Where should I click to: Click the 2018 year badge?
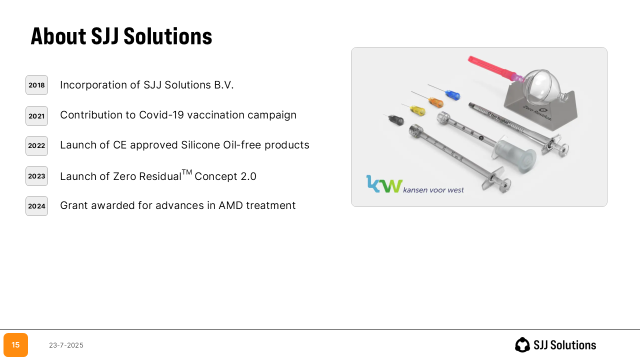pyautogui.click(x=36, y=85)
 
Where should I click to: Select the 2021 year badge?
pyautogui.click(x=36, y=116)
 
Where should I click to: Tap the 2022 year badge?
pyautogui.click(x=36, y=146)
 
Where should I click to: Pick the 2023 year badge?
pyautogui.click(x=36, y=176)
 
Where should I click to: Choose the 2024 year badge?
pyautogui.click(x=36, y=206)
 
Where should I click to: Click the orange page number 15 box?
pyautogui.click(x=15, y=345)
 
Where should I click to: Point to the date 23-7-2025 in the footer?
pyautogui.click(x=66, y=345)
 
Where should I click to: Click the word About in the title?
pyautogui.click(x=58, y=36)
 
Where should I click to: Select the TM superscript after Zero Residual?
pyautogui.click(x=187, y=172)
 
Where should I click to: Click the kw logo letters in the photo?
pyautogui.click(x=384, y=184)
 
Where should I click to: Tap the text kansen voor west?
pyautogui.click(x=433, y=190)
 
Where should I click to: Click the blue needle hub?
pyautogui.click(x=452, y=95)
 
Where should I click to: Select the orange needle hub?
pyautogui.click(x=436, y=102)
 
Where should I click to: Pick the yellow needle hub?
pyautogui.click(x=417, y=110)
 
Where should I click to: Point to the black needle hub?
pyautogui.click(x=396, y=120)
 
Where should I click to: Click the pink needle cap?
pyautogui.click(x=491, y=67)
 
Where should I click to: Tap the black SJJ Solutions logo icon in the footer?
pyautogui.click(x=522, y=345)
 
